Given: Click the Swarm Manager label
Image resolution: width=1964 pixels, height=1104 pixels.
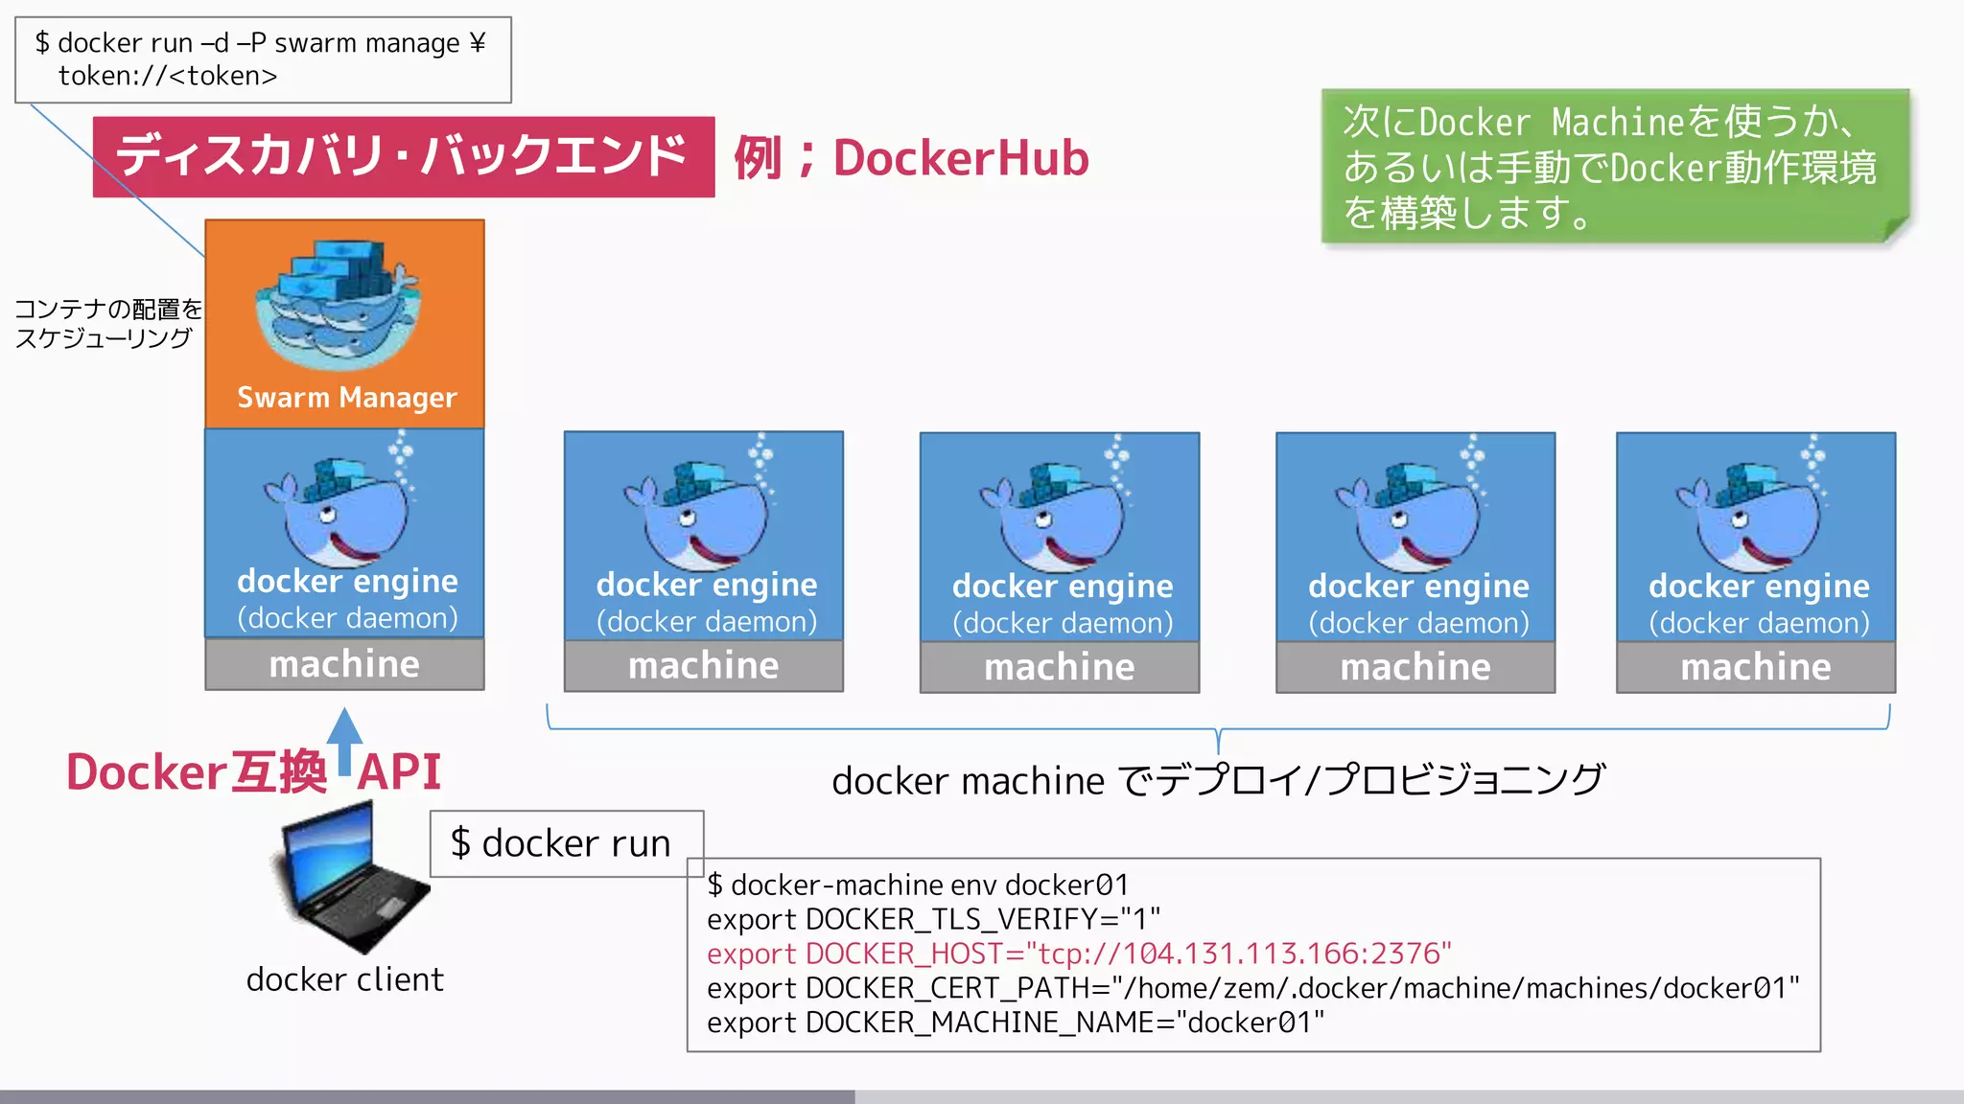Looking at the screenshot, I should click(346, 397).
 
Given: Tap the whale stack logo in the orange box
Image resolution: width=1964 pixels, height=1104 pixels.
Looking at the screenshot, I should click(338, 305).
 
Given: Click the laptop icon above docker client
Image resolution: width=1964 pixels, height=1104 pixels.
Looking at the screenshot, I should click(351, 878).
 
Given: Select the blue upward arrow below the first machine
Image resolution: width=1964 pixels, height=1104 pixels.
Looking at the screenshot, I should click(344, 740).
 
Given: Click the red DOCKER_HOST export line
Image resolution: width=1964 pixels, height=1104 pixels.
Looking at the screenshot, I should click(1079, 954).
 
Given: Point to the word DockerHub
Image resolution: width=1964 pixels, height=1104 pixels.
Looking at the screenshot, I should click(961, 158).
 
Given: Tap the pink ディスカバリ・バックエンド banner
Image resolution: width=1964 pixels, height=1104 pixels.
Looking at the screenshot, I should click(403, 156).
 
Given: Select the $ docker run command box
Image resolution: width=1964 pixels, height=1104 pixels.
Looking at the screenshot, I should click(566, 843).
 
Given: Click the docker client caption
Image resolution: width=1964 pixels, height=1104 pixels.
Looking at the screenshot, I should click(344, 979).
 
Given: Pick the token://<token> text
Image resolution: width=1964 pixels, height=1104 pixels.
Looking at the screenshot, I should click(168, 76).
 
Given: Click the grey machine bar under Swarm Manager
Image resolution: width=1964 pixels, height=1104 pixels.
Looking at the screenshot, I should click(344, 664).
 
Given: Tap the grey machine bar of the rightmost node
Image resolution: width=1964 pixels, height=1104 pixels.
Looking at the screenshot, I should click(1755, 667).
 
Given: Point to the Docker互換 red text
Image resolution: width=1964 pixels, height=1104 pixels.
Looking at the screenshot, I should click(197, 772).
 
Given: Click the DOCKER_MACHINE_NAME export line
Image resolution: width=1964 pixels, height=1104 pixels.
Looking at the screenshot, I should click(1015, 1023).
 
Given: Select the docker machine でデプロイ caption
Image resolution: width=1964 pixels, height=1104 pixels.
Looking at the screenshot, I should click(1218, 780).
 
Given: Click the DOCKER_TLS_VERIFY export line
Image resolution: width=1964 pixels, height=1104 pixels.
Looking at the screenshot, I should click(933, 919).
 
